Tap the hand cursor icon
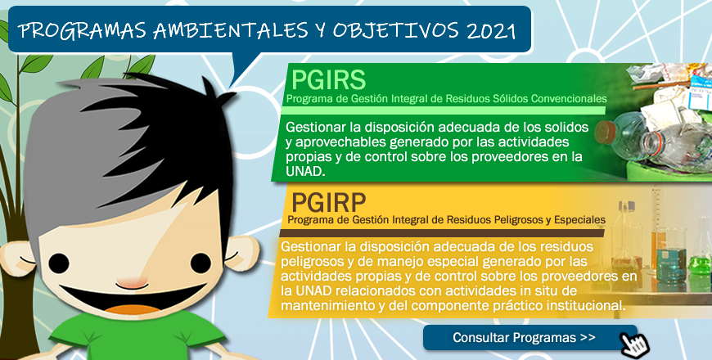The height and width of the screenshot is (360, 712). click(x=635, y=344)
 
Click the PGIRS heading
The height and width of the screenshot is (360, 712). click(x=328, y=80)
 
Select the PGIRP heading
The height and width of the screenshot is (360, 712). click(x=328, y=202)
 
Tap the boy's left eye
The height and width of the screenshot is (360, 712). click(x=59, y=263)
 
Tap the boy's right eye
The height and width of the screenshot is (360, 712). click(x=201, y=263)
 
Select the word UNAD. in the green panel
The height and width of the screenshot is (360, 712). click(x=305, y=172)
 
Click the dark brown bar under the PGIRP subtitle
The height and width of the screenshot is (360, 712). click(x=442, y=233)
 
